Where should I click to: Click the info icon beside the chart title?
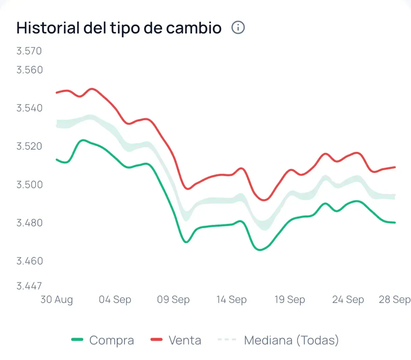point(238,27)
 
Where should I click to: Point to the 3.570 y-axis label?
point(29,51)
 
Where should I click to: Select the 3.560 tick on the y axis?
point(29,70)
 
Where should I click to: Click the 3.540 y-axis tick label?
point(29,108)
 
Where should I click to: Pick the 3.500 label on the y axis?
point(29,185)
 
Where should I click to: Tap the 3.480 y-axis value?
point(29,223)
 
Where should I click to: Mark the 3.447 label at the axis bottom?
point(29,286)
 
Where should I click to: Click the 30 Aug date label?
point(56,300)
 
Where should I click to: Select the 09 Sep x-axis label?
point(173,300)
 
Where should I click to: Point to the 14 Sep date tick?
point(231,300)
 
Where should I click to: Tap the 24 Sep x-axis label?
point(348,300)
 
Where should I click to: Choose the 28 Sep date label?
point(394,300)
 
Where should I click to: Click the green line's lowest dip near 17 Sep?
point(259,250)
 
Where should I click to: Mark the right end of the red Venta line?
point(394,167)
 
